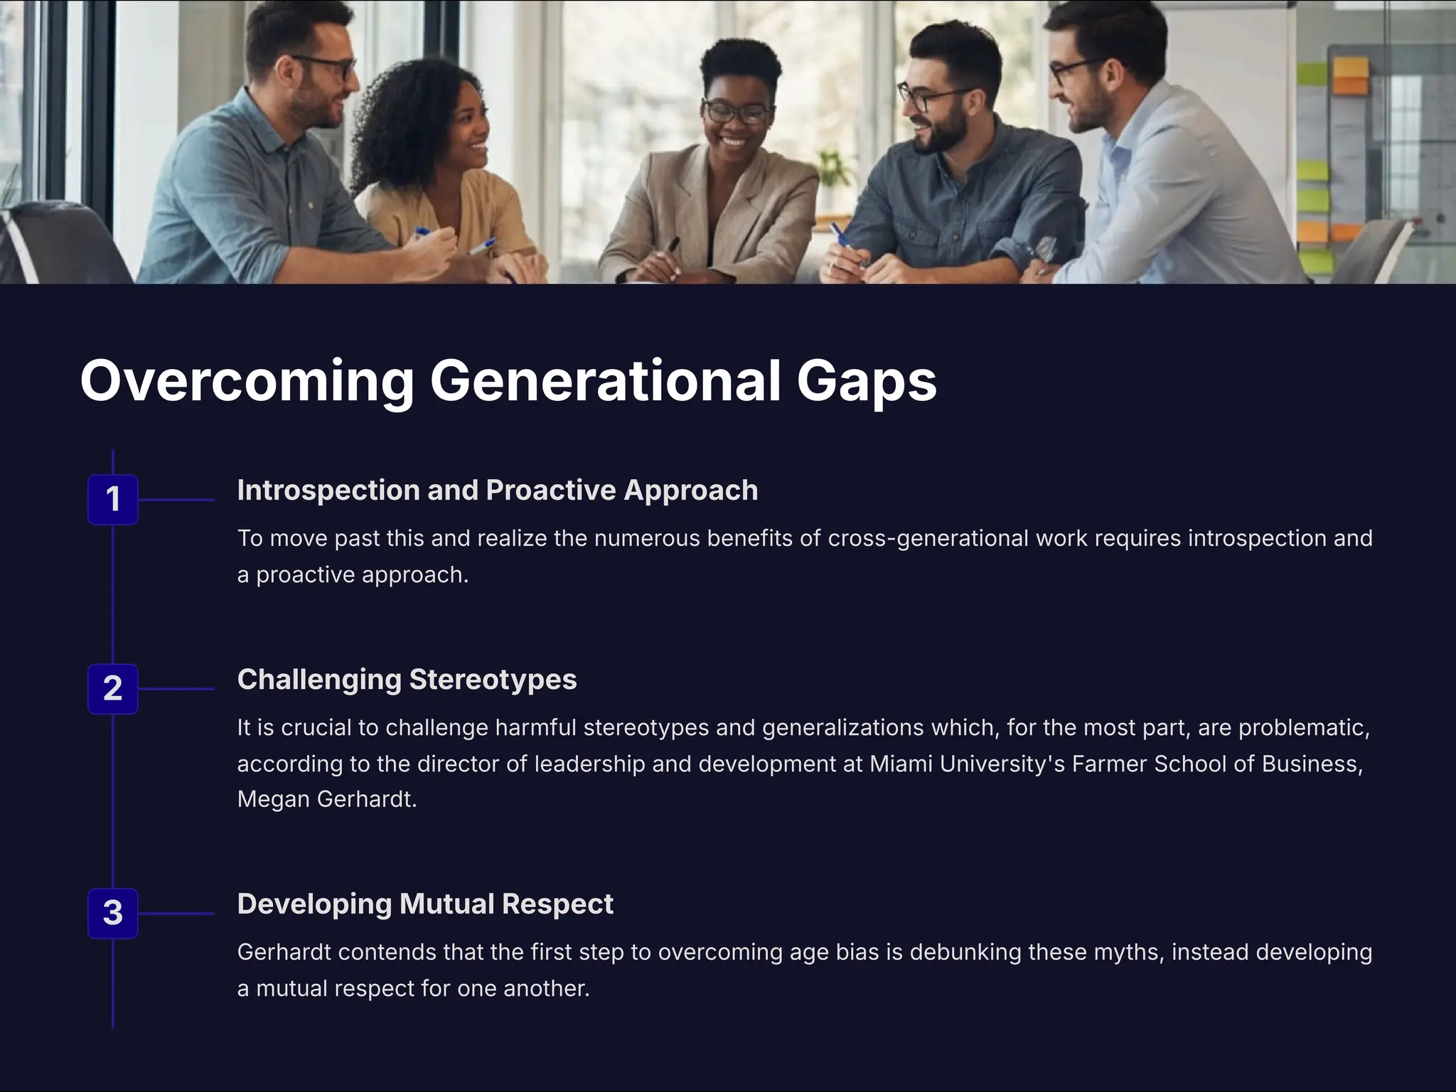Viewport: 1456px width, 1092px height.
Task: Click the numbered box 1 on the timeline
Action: pos(112,499)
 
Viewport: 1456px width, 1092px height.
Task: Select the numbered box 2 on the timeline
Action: pos(112,688)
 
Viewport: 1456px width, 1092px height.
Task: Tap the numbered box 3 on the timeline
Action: pos(112,913)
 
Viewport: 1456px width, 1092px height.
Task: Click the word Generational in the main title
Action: pos(605,381)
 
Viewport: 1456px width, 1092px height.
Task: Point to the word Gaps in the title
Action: pos(866,382)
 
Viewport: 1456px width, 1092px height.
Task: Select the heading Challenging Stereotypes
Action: pos(407,680)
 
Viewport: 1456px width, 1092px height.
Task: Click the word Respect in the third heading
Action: pos(557,904)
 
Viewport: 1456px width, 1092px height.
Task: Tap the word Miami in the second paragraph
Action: pos(901,764)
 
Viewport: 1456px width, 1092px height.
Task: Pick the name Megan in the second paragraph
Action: pos(273,799)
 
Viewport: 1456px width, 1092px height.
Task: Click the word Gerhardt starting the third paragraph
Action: pos(284,952)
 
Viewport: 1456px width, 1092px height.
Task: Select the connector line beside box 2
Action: pos(176,689)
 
